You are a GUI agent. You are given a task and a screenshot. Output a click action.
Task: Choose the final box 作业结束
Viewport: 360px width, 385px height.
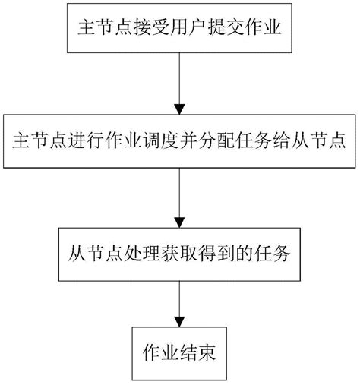pos(180,352)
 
